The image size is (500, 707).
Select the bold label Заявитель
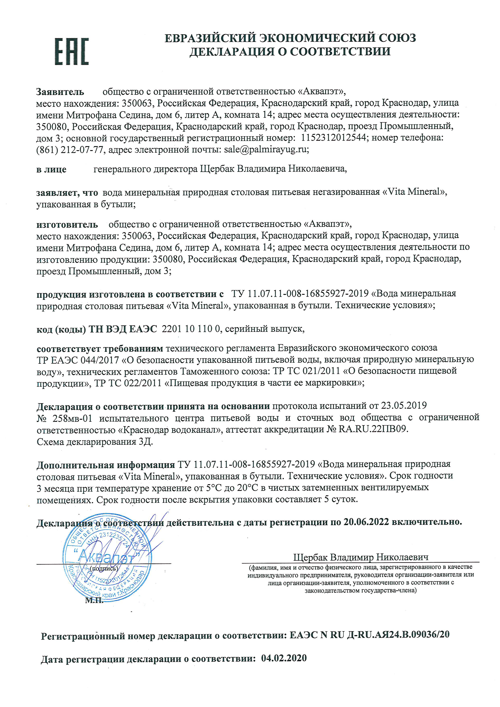pyautogui.click(x=60, y=92)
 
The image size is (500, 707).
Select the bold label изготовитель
pyautogui.click(x=67, y=225)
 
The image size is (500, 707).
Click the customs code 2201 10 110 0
pyautogui.click(x=191, y=329)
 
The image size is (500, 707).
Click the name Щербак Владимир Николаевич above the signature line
pyautogui.click(x=360, y=557)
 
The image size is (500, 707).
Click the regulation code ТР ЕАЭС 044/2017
pyautogui.click(x=78, y=360)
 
